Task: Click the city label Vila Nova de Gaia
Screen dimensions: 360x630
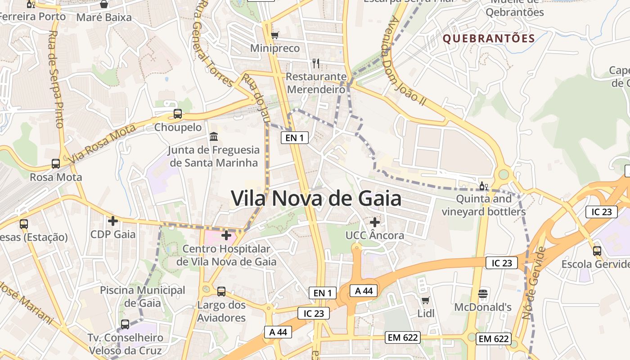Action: pos(316,198)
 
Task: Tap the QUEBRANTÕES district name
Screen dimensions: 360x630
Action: pos(489,38)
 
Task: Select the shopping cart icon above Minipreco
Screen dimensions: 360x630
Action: pos(274,35)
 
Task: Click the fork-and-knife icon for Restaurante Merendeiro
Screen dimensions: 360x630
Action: pos(316,63)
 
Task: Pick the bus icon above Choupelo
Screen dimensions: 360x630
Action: pos(178,114)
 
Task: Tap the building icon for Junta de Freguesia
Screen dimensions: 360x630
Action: pos(214,136)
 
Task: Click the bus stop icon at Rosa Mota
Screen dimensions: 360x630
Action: pos(56,164)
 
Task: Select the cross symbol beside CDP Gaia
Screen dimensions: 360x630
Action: pos(113,221)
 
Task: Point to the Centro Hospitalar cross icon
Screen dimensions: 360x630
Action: pos(226,235)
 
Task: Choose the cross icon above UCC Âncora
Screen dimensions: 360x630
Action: pos(375,222)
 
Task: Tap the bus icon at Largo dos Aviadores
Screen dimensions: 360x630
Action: pos(221,292)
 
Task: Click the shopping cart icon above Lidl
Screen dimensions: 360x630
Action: pos(425,300)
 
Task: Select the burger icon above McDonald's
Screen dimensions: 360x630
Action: pos(483,294)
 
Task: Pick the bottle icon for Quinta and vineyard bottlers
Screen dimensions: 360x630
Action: pos(483,186)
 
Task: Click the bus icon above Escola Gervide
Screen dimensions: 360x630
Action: pos(597,251)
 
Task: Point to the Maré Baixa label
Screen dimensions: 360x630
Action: pos(104,18)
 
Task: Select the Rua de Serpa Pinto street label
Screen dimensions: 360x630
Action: pos(57,79)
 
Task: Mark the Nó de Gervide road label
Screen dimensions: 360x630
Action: pos(534,283)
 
